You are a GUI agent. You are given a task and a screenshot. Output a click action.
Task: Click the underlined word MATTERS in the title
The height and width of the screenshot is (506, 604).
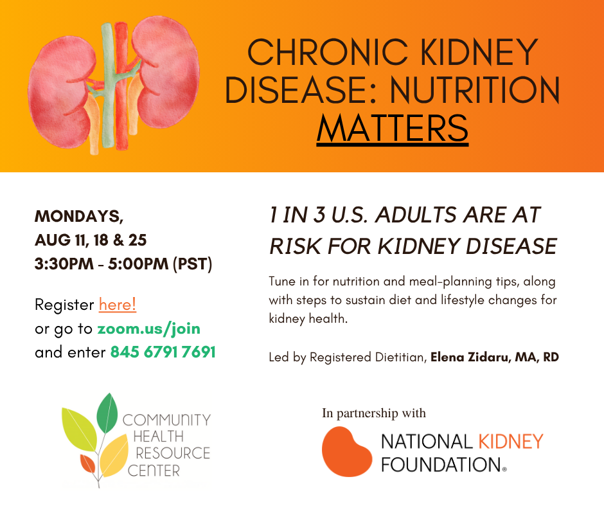(x=393, y=129)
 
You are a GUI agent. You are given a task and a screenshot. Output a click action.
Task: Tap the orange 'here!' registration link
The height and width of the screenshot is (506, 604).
(x=118, y=305)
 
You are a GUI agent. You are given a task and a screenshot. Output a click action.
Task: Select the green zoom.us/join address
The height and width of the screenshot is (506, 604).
(x=148, y=329)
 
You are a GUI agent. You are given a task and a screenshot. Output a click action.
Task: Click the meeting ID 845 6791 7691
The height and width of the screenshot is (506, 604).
(x=163, y=352)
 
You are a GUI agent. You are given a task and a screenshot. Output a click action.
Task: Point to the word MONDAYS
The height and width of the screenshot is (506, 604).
(x=79, y=216)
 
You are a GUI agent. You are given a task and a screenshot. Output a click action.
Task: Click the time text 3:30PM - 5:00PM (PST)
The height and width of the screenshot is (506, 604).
(x=123, y=264)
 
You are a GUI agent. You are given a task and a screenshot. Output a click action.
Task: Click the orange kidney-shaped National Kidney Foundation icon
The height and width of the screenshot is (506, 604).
(x=346, y=451)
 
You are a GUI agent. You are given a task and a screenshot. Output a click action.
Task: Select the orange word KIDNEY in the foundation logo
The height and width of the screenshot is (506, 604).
(x=511, y=442)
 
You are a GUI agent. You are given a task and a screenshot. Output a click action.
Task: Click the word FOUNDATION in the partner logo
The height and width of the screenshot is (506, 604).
(x=441, y=465)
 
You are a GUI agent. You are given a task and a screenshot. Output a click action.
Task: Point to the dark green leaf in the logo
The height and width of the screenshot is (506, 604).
(x=107, y=413)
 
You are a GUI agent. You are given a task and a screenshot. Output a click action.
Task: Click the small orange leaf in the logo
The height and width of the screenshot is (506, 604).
(x=87, y=464)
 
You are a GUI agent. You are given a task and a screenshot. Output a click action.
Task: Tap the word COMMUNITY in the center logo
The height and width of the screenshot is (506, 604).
(x=166, y=420)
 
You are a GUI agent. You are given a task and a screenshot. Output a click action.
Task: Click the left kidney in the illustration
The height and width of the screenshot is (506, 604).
(x=62, y=93)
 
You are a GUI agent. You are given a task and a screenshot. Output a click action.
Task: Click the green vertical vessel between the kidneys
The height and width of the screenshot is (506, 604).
(x=108, y=85)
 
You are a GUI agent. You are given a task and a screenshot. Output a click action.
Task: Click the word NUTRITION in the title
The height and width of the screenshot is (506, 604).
(x=475, y=90)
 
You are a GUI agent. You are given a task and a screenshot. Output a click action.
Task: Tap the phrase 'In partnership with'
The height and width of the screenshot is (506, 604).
(x=374, y=413)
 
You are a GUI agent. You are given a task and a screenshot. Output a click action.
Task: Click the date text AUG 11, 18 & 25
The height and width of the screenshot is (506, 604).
(x=91, y=240)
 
